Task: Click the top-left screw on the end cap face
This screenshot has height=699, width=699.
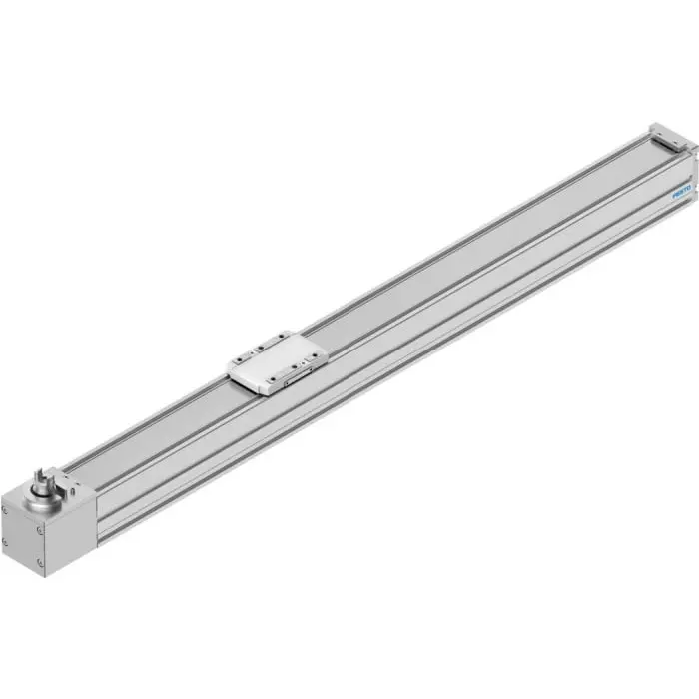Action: tap(5, 511)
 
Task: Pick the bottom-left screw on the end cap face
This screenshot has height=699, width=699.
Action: tap(5, 541)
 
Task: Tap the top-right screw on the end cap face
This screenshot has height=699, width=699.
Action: tap(40, 530)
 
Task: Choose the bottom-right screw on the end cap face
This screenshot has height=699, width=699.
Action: tap(40, 561)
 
